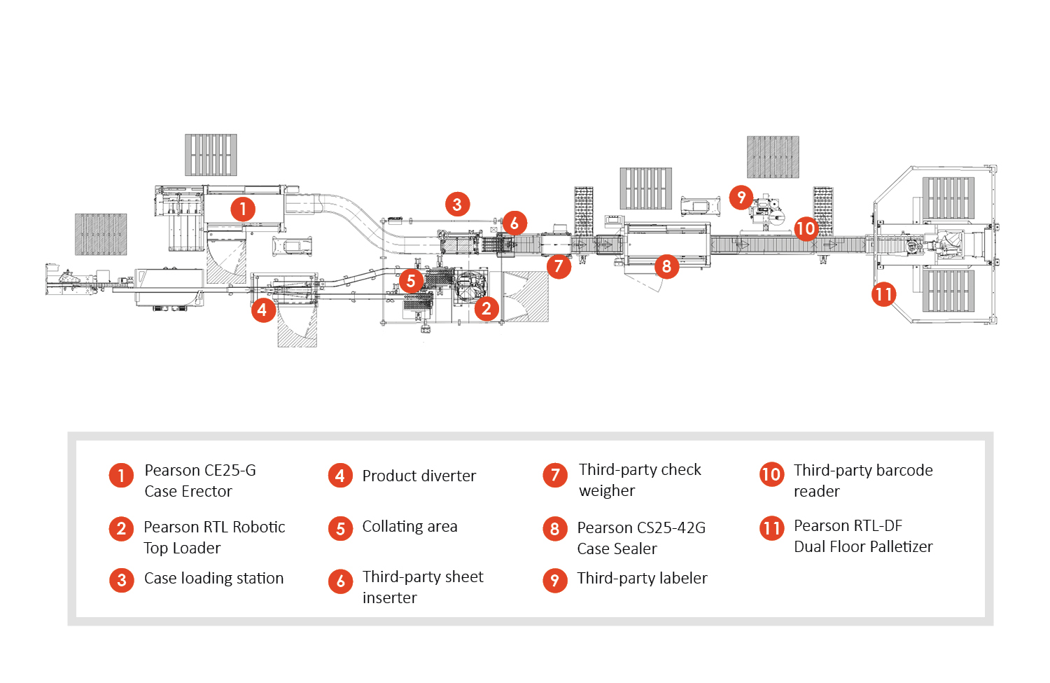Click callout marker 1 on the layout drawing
243,209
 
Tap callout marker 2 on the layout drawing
486,308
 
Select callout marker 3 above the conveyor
457,205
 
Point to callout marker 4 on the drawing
262,310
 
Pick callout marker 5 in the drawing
411,282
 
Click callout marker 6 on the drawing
514,223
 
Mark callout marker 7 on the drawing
559,266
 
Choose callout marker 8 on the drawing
666,266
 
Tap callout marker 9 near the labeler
741,198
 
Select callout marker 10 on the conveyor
806,228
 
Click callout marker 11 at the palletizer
884,294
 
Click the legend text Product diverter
419,476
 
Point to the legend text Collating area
409,527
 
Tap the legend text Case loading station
213,579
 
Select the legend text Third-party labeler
642,579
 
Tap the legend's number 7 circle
555,476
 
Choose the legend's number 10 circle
771,475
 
